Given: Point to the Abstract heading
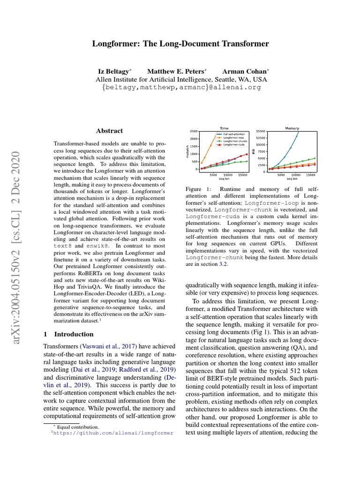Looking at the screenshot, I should coord(109,131).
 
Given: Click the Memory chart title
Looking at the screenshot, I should coord(292,128).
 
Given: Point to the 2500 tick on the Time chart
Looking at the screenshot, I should coord(194,131).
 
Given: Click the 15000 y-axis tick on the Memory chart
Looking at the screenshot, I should coord(261,131).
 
